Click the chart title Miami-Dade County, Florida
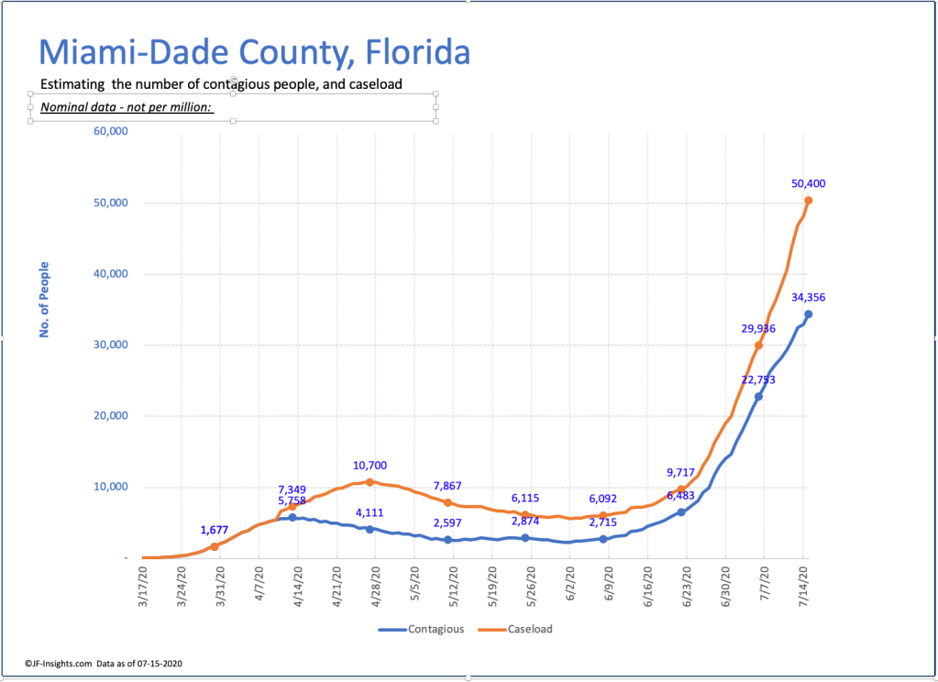254,53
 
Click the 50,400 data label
809,183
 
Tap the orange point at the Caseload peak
809,200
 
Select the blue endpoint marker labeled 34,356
808,313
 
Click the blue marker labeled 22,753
758,396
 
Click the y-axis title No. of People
43,300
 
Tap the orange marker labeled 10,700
369,481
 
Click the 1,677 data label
215,530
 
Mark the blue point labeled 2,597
447,540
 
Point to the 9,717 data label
681,473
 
